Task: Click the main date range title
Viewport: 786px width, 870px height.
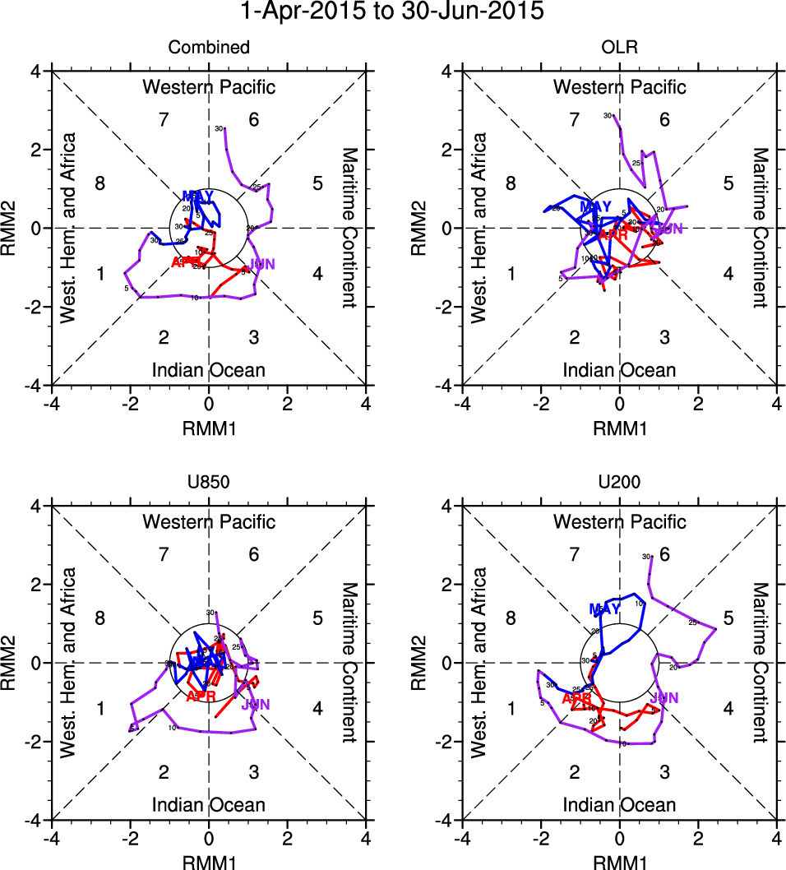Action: tap(393, 12)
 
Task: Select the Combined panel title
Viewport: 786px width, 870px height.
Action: tap(209, 48)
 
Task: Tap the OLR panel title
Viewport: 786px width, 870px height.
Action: tap(620, 48)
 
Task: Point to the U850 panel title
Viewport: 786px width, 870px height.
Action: tap(209, 483)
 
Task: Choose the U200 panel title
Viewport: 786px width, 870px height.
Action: tap(620, 483)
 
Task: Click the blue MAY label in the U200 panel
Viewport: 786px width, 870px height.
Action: tap(604, 609)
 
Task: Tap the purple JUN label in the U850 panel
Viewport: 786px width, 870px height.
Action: tap(256, 705)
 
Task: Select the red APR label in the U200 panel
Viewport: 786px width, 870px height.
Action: tap(577, 698)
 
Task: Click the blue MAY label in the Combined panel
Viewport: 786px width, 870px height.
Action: tap(198, 196)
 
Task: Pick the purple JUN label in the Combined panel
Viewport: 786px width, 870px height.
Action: tap(262, 264)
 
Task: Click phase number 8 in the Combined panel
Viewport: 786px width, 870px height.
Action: tap(100, 183)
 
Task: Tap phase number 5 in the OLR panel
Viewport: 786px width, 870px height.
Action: tap(728, 183)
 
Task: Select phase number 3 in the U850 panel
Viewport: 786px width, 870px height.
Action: tap(254, 771)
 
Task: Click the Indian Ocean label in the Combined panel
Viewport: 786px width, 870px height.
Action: tap(209, 370)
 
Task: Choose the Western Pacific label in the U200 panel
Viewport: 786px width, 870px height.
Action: tap(620, 521)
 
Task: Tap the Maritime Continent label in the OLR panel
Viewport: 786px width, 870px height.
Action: tap(760, 228)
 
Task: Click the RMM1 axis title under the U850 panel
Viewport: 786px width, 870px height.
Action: tap(209, 861)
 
